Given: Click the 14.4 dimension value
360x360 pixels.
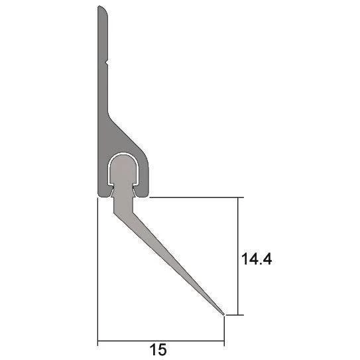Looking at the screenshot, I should point(255,259).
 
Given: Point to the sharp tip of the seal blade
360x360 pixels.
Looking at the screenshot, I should point(223,314).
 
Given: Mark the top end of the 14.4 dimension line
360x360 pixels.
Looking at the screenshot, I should point(237,198).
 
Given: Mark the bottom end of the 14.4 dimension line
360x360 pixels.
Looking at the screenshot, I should point(237,315).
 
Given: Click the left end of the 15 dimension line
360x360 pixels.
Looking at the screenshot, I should point(98,341).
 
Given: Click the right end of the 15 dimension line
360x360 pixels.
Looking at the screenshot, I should point(224,341).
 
